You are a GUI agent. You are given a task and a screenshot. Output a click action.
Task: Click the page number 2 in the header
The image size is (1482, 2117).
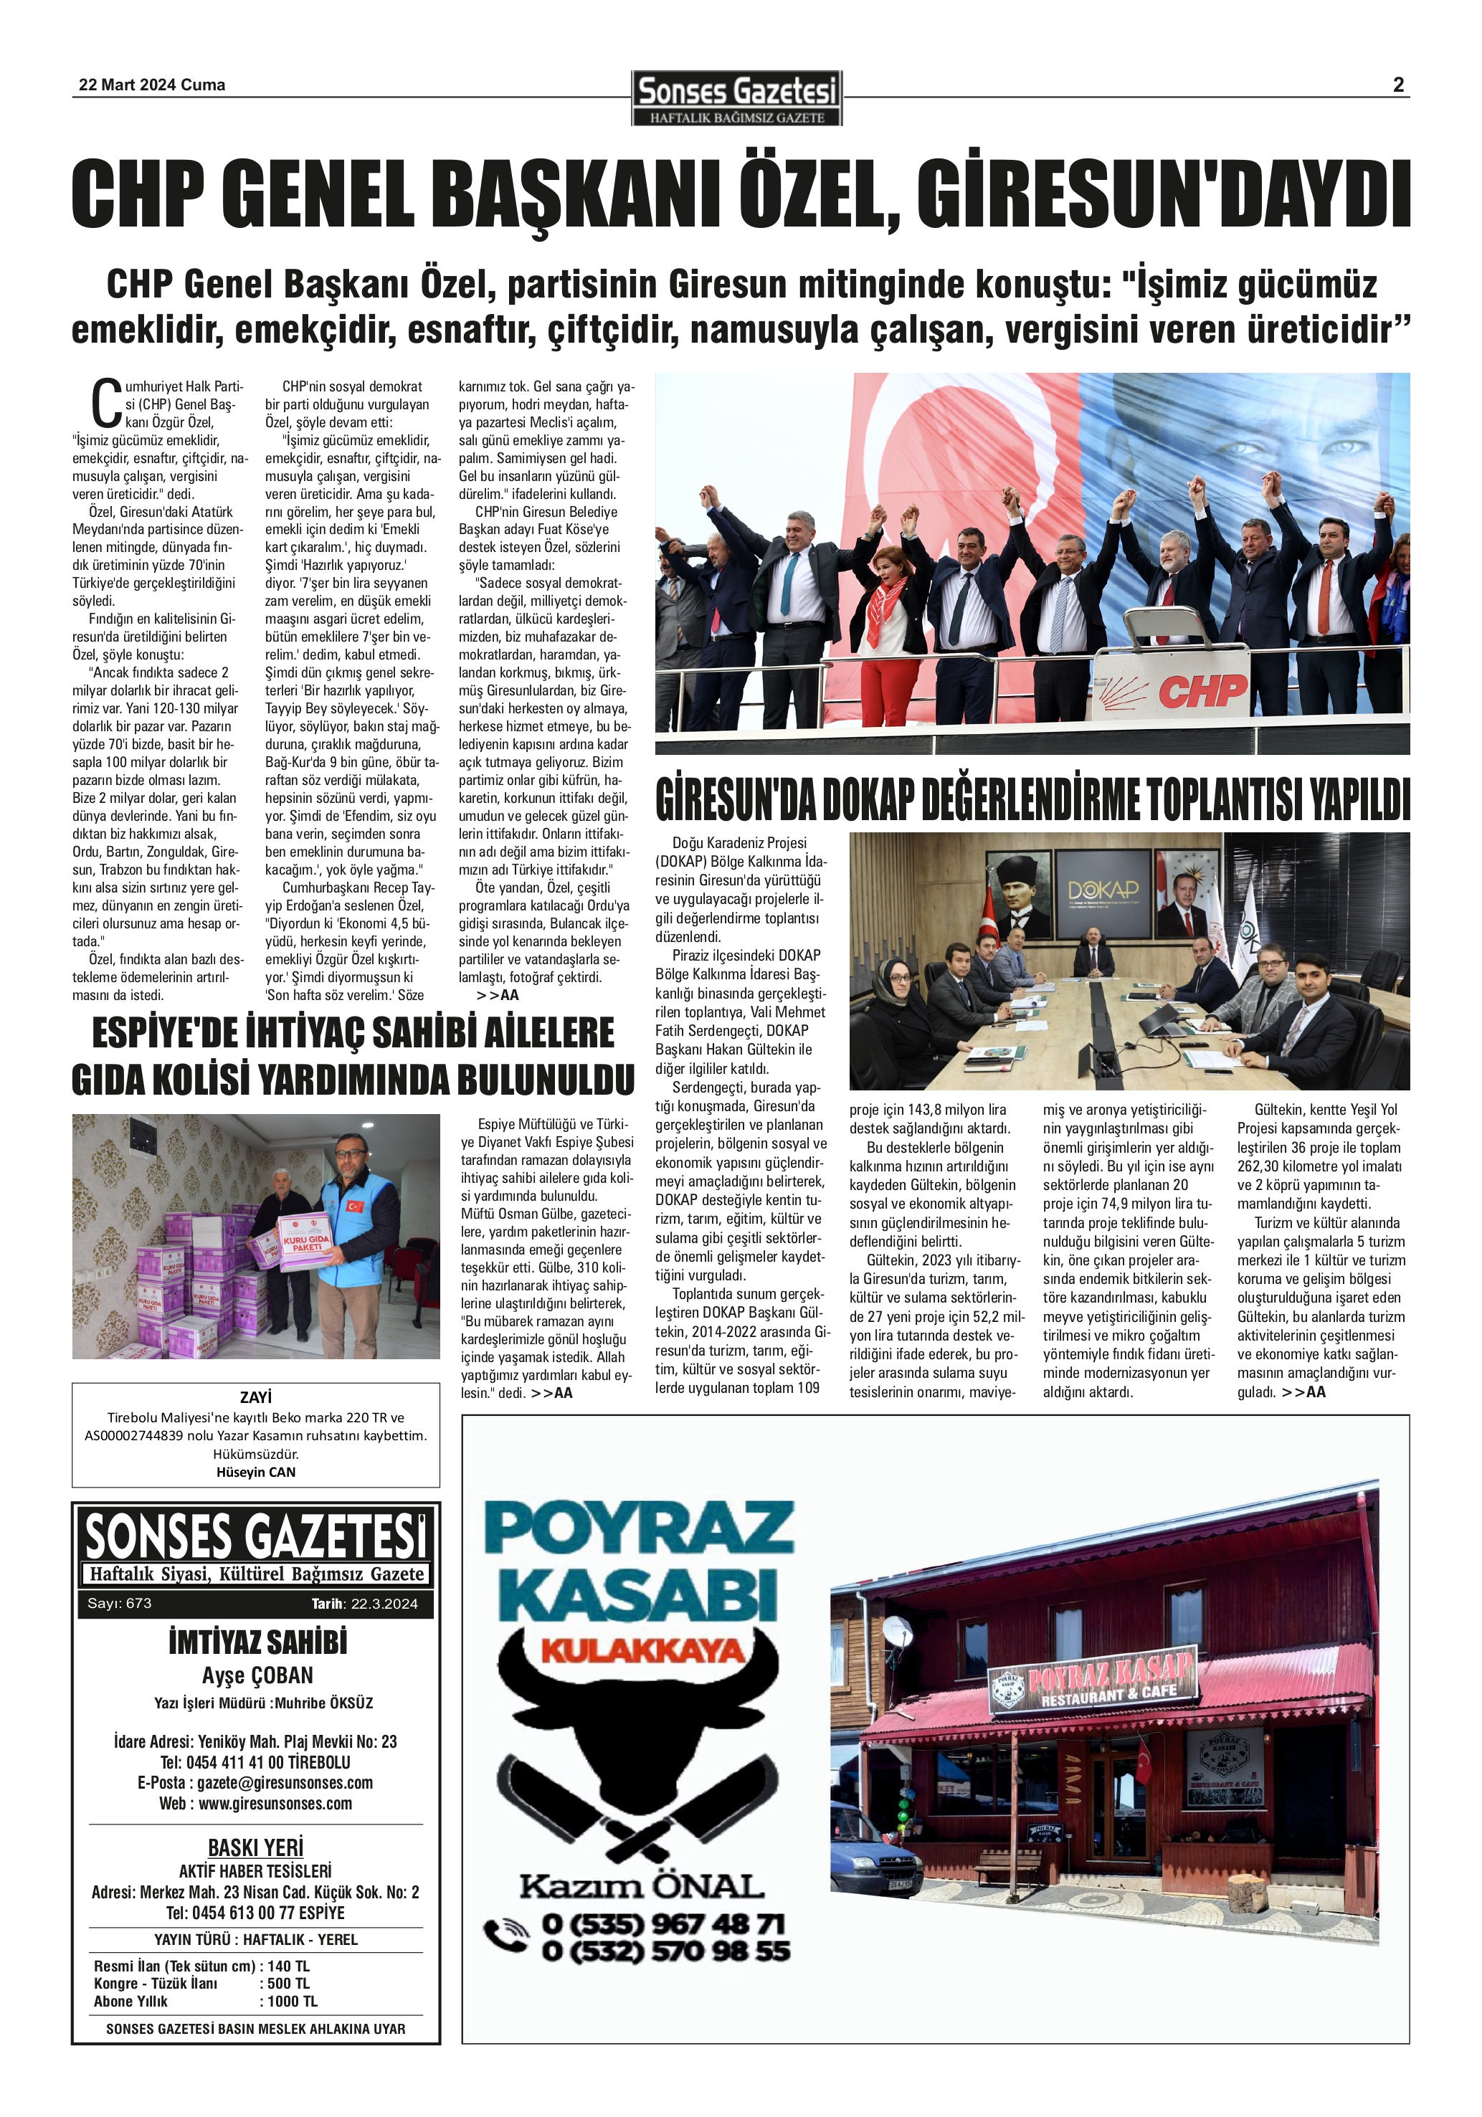coord(1397,85)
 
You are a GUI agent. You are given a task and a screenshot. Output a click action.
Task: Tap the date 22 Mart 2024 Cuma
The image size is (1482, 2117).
coord(152,85)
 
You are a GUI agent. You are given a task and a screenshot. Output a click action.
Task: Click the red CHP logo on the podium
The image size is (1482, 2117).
coord(1202,690)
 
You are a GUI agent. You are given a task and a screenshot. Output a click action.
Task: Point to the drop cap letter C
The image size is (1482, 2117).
coord(106,403)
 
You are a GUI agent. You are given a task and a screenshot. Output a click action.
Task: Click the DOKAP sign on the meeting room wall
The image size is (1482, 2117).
coord(1103,890)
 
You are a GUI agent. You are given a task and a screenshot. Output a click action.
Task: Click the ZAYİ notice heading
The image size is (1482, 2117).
coord(255,1397)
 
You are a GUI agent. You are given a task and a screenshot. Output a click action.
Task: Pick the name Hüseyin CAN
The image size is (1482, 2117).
coord(255,1472)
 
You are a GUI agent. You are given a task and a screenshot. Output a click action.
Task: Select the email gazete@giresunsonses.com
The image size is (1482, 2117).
coord(284,1782)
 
